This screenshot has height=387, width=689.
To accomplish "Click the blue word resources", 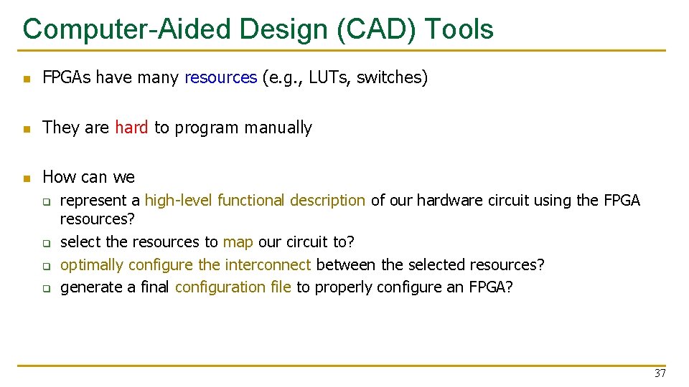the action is click(x=220, y=77).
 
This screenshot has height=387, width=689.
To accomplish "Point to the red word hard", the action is click(x=131, y=128).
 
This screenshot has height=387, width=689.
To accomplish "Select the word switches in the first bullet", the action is click(x=389, y=77).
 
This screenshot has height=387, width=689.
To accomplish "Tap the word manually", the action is click(x=278, y=128).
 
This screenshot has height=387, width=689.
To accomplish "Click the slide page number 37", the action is click(x=660, y=373).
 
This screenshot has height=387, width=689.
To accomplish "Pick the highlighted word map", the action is click(x=238, y=242).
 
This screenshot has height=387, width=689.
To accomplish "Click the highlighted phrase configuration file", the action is click(x=233, y=287).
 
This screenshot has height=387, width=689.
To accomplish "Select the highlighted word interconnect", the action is click(x=268, y=265).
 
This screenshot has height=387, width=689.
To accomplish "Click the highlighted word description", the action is click(x=327, y=201).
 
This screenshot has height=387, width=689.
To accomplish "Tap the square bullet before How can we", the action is click(x=27, y=178).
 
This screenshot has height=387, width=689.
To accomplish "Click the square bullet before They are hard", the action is click(x=27, y=129).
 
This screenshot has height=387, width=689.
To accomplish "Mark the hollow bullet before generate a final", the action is click(x=47, y=289).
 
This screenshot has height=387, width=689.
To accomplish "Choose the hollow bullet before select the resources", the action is click(x=47, y=243).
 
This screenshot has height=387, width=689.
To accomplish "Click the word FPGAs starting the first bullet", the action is click(x=66, y=77).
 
